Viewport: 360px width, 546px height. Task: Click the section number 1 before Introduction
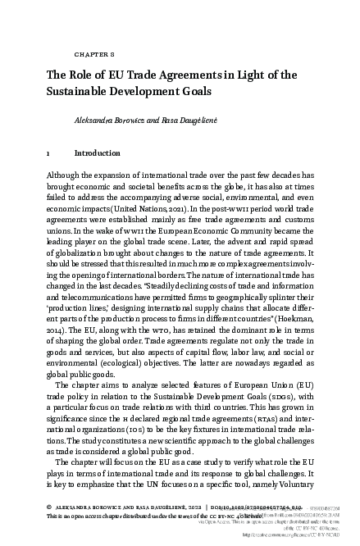[49, 152]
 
